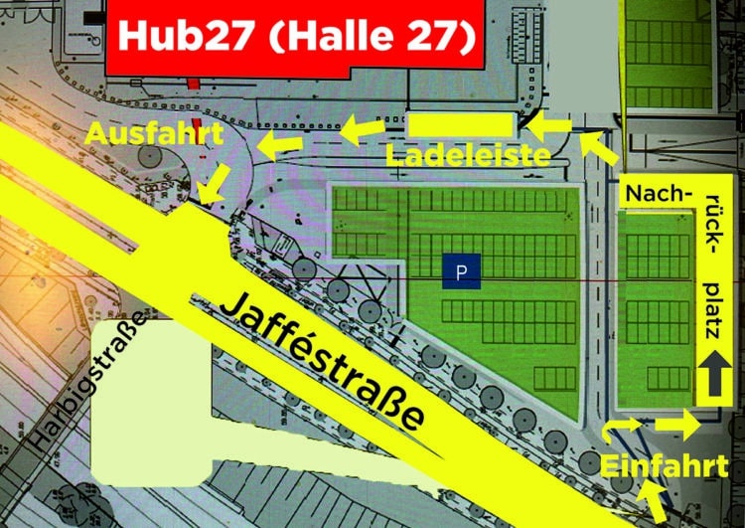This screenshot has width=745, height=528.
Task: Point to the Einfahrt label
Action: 665,465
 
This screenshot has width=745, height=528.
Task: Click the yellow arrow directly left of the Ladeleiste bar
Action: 363,126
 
